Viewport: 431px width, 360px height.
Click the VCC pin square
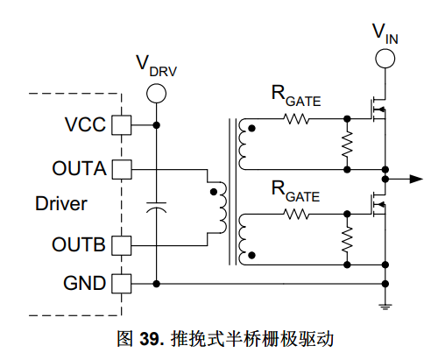point(122,125)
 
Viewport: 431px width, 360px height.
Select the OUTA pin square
point(122,169)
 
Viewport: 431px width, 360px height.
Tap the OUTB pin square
point(122,245)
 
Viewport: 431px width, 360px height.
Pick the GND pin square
point(122,284)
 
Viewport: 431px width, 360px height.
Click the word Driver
point(61,203)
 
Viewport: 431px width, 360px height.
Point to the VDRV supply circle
point(157,94)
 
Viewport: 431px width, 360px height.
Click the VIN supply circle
point(385,59)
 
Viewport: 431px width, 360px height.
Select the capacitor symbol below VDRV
point(157,207)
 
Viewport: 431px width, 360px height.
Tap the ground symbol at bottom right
point(385,307)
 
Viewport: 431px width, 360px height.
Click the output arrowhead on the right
point(416,179)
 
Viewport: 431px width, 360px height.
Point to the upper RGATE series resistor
point(296,119)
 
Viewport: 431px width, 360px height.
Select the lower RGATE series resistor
point(296,215)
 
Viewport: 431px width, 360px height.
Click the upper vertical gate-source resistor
point(347,145)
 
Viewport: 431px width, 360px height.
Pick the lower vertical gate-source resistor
point(347,240)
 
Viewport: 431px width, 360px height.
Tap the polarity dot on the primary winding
point(214,192)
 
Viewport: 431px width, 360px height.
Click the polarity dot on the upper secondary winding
point(251,128)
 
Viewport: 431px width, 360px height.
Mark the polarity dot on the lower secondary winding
point(251,256)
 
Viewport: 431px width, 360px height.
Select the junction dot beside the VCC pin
point(157,125)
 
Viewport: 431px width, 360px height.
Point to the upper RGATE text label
point(296,96)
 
